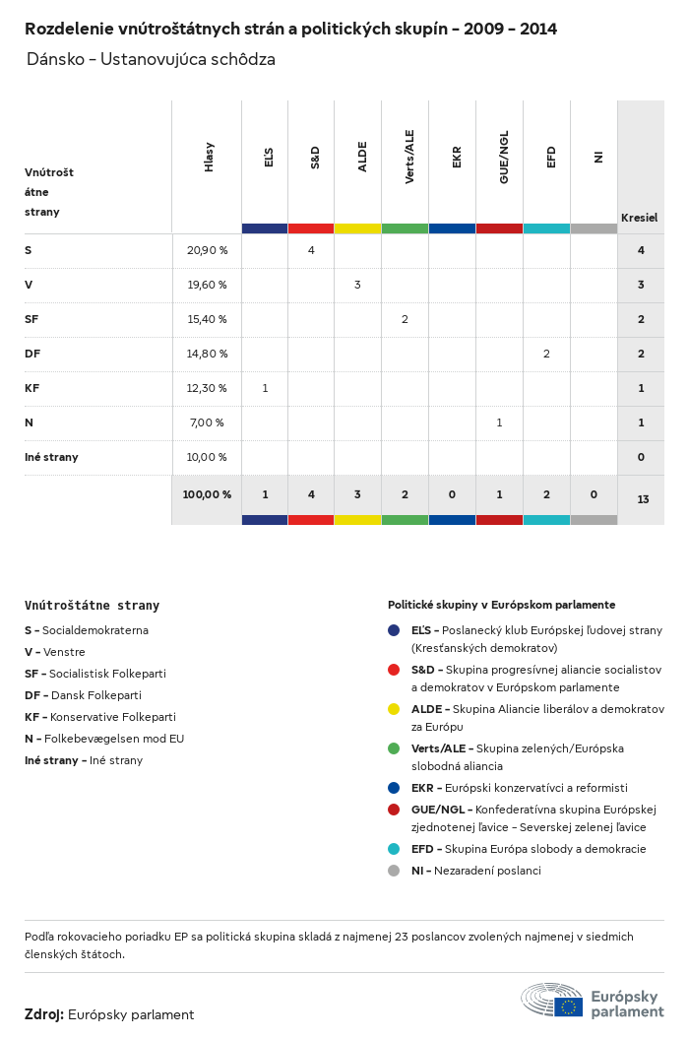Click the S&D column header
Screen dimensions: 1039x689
point(315,157)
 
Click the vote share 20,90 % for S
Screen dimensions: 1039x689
point(207,250)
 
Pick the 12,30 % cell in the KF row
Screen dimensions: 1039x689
point(207,388)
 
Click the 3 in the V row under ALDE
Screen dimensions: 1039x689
point(357,285)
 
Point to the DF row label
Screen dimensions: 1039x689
point(32,354)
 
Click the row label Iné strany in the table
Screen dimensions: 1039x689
point(51,457)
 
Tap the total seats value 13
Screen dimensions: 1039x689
point(642,499)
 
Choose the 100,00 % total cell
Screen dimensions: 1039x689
point(207,494)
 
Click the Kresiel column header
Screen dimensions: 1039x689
point(639,217)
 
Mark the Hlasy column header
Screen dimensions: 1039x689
point(209,158)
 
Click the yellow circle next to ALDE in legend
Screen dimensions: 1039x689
point(394,709)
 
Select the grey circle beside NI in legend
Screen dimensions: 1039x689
point(394,871)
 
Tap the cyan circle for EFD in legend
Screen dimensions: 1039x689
point(394,849)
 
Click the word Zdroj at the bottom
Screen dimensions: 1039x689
point(44,1014)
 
